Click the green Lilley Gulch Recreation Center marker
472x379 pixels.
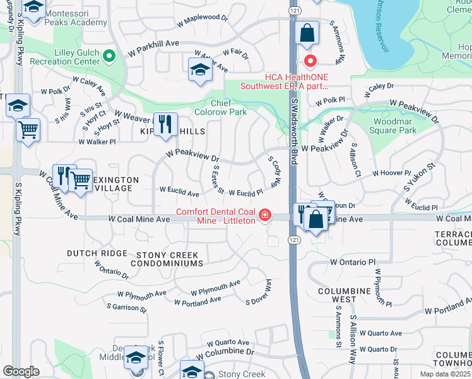click(109, 56)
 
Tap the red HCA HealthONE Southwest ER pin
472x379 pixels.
click(310, 61)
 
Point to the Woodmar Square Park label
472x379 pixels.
click(394, 125)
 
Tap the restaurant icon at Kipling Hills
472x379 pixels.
click(165, 124)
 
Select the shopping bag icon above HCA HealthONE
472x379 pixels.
click(307, 34)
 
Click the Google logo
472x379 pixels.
click(21, 371)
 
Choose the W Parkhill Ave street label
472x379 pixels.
click(154, 51)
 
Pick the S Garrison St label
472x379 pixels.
click(127, 308)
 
